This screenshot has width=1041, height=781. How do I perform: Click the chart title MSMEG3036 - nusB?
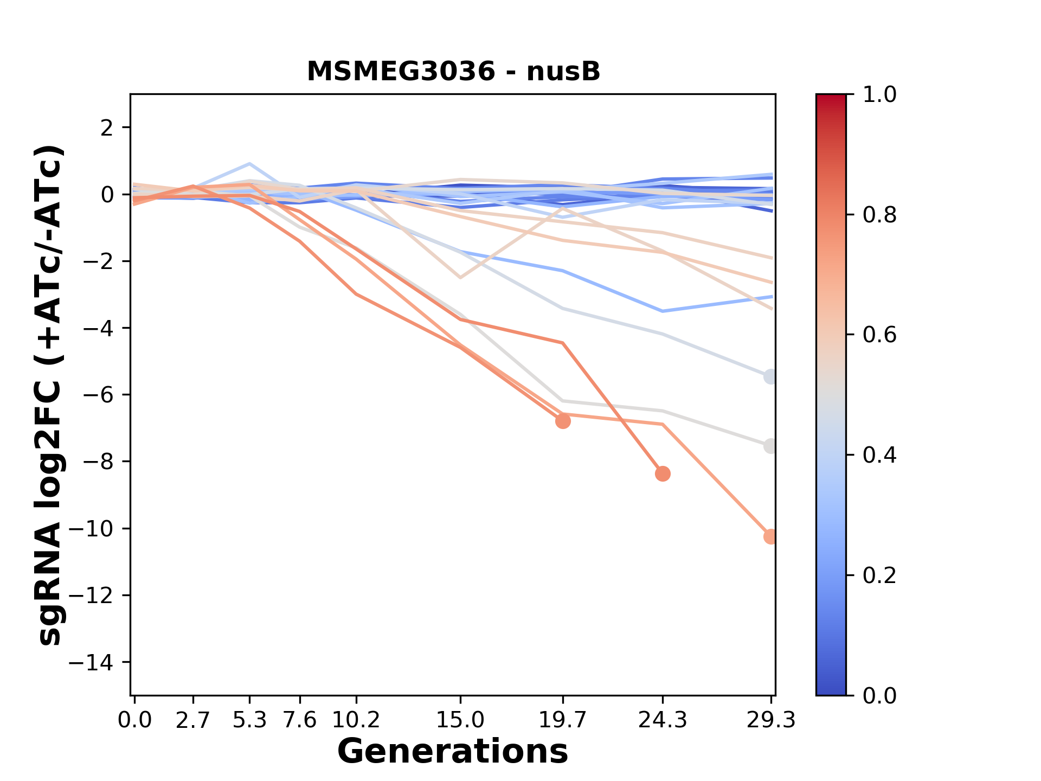453,72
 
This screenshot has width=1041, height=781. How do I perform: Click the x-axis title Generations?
453,752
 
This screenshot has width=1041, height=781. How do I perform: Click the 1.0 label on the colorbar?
879,95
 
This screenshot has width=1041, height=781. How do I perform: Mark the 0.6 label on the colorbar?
879,335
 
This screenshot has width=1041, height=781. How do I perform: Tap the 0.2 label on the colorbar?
879,575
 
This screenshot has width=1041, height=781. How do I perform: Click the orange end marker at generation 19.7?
563,421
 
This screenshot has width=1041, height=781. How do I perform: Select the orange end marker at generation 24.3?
663,474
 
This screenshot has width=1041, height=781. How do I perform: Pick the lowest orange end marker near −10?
770,536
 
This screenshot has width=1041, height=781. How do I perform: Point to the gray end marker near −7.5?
770,446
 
